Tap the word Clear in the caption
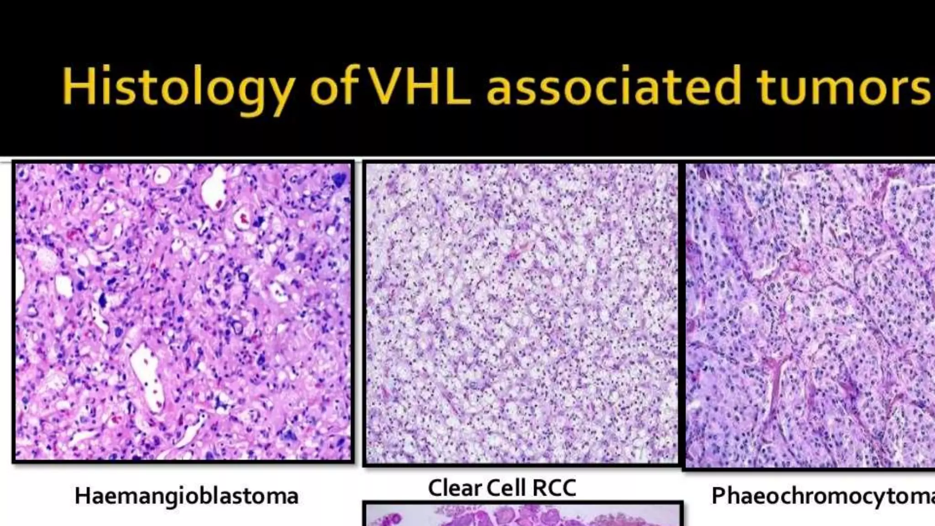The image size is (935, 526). pos(454,488)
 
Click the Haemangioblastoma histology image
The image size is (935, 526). pos(183,311)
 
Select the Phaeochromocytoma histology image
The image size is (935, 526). pos(810,315)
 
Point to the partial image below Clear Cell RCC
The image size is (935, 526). pos(522,515)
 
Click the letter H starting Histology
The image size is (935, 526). pos(75,86)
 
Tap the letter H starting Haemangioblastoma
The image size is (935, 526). pos(82,496)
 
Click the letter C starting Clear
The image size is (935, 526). pos(436,488)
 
